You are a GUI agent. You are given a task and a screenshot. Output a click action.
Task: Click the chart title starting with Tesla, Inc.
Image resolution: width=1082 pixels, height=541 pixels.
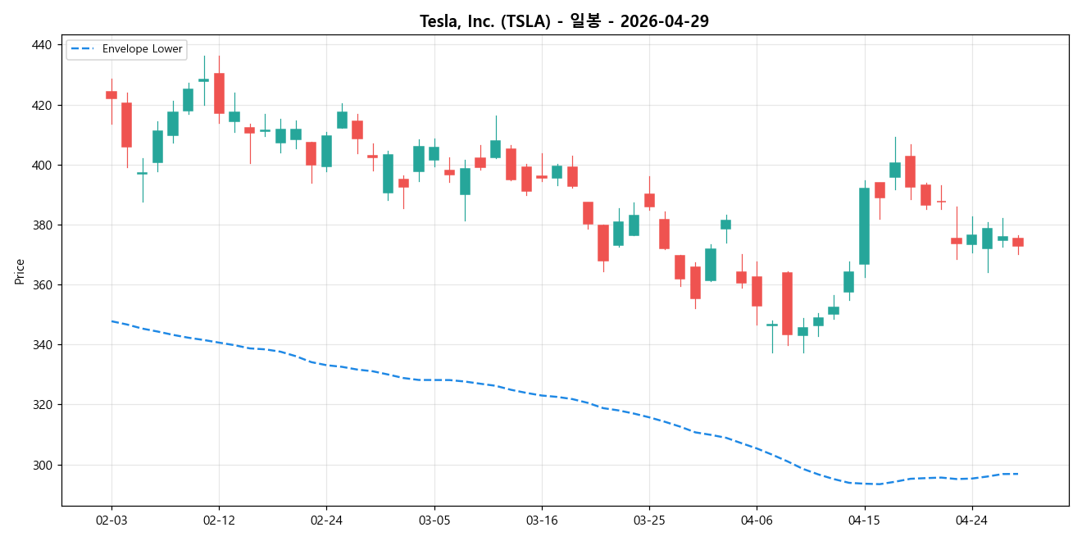[x=564, y=21]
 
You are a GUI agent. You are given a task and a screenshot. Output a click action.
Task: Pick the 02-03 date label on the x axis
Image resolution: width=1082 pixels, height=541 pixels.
[x=111, y=521]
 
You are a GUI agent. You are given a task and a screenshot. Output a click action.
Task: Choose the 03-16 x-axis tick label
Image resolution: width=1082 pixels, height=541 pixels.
[x=541, y=521]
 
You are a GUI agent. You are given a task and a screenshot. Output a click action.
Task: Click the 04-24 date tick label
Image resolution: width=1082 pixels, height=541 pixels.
[x=971, y=521]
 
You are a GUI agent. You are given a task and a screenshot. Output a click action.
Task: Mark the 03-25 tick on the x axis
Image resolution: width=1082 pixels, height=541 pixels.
[x=649, y=521]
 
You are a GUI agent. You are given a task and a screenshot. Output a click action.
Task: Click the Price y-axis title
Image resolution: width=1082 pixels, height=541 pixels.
[x=20, y=271]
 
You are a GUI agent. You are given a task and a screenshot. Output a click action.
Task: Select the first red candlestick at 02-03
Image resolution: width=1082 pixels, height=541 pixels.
[x=111, y=95]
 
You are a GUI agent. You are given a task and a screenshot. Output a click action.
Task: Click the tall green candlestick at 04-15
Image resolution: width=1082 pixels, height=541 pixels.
[x=864, y=226]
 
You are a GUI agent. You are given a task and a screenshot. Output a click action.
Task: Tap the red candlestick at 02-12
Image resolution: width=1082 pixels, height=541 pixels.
[x=219, y=93]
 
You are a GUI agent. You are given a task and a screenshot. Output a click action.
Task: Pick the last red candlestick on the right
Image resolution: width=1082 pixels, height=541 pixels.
[x=1017, y=242]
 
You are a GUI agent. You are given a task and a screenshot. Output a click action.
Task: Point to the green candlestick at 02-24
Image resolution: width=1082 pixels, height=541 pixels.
[x=326, y=151]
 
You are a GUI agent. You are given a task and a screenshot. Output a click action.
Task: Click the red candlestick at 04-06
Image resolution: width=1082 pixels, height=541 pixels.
[x=757, y=291]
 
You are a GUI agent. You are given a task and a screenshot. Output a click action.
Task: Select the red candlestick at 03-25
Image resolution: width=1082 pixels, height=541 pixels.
[x=649, y=200]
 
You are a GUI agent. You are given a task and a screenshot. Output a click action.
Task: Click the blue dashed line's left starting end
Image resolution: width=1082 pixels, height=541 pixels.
[x=111, y=321]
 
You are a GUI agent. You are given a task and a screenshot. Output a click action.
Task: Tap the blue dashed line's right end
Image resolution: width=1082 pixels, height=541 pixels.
[x=1017, y=474]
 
